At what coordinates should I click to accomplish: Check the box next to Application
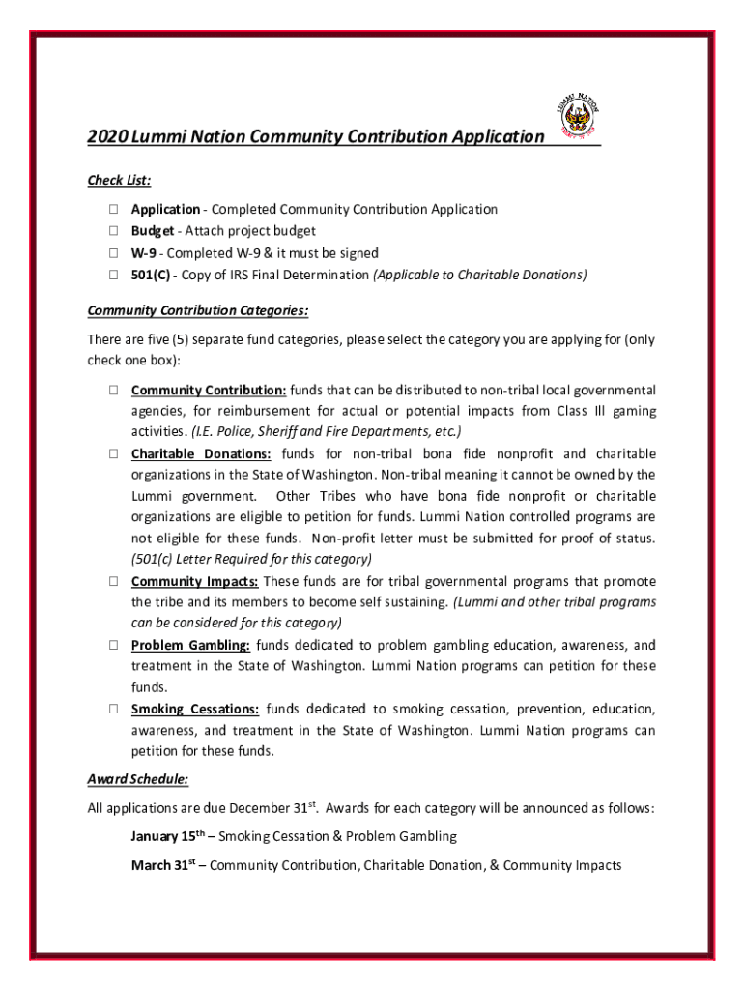(x=113, y=210)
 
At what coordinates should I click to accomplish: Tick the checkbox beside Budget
(x=113, y=231)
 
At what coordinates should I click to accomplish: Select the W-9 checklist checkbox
(x=113, y=253)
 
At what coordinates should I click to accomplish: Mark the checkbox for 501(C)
(x=113, y=275)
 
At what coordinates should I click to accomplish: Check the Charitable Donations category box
(x=113, y=453)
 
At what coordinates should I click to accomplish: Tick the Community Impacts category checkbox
(x=113, y=582)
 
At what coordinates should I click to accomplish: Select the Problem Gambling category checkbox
(x=113, y=645)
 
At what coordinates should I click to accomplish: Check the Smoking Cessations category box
(x=113, y=709)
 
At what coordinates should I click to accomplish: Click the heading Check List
(x=119, y=180)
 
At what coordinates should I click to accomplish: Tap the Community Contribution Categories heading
(x=198, y=310)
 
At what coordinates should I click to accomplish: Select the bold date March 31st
(x=163, y=865)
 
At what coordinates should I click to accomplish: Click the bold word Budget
(x=153, y=231)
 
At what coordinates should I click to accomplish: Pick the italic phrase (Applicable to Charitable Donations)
(x=480, y=275)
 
